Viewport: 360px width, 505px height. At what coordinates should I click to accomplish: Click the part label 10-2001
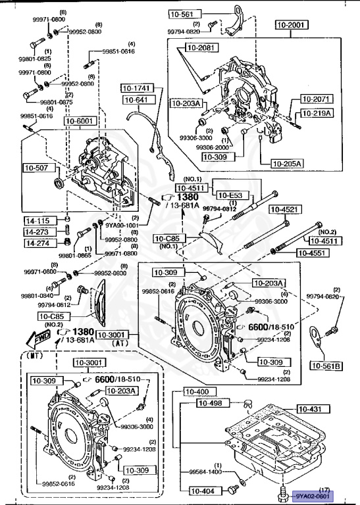coord(292,25)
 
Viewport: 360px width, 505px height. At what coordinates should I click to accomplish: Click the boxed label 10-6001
coord(80,120)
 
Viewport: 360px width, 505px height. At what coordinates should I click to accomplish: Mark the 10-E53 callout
coord(230,195)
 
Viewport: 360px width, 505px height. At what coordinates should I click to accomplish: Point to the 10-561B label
coord(326,366)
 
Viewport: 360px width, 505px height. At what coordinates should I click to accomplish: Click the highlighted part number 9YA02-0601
coord(313,496)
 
